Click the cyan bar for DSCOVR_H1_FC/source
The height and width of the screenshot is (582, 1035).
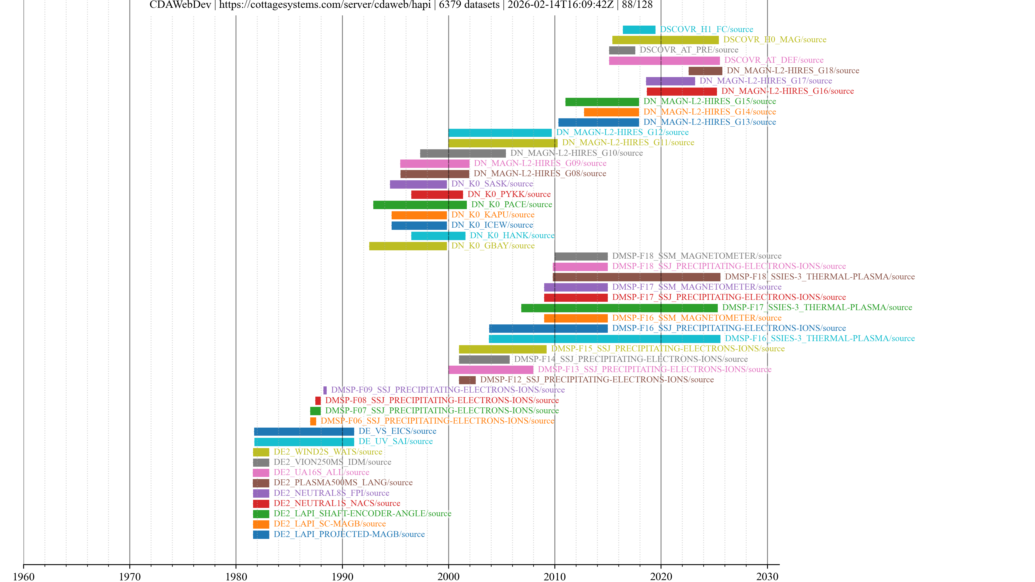pyautogui.click(x=639, y=30)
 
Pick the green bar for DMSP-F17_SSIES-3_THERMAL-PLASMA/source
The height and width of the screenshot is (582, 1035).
pyautogui.click(x=619, y=308)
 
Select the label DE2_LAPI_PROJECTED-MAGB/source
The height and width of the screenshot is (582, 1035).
pyautogui.click(x=349, y=535)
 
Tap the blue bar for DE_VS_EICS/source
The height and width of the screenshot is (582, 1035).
pyautogui.click(x=304, y=432)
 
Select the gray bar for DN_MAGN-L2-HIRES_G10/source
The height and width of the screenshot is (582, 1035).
pyautogui.click(x=463, y=153)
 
